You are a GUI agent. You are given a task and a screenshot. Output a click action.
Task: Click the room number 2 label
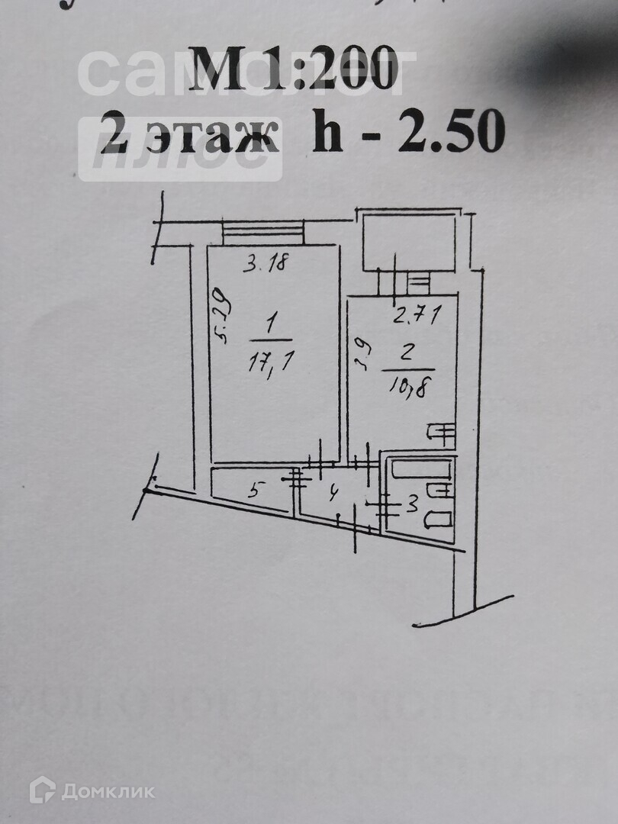point(407,352)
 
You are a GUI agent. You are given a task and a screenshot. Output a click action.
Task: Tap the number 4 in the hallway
point(332,494)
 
